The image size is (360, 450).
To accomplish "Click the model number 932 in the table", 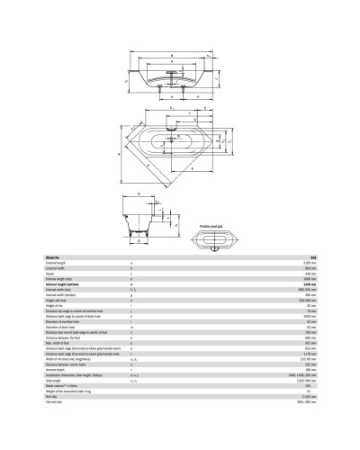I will pyautogui.click(x=311, y=257).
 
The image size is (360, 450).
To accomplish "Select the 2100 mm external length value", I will pyautogui.click(x=309, y=263).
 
